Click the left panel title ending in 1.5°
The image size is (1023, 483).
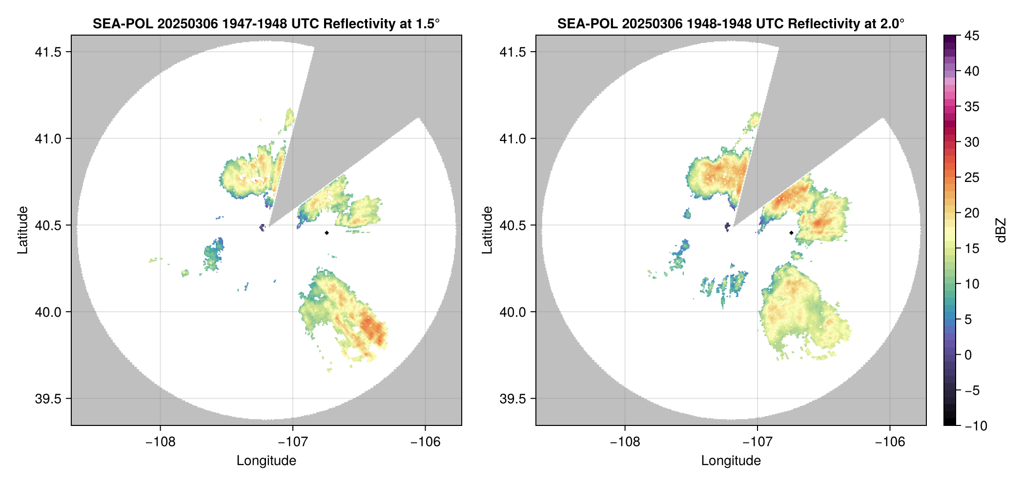pos(266,23)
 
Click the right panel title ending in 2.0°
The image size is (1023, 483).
pos(731,23)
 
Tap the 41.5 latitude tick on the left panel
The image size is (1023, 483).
pos(48,52)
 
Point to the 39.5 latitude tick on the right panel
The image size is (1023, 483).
pos(512,399)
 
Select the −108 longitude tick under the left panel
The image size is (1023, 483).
pos(160,442)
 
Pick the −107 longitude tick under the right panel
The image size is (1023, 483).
pos(757,442)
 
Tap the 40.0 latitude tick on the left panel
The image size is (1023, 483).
pos(48,312)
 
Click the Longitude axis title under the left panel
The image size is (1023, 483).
pos(266,461)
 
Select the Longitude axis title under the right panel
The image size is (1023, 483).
pos(731,461)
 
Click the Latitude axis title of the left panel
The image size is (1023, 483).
pos(22,230)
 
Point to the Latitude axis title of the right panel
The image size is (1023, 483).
pos(487,230)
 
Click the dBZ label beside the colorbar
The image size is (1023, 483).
pos(1001,230)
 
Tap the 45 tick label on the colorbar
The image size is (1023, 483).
pos(972,36)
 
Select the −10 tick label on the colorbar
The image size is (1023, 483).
pos(976,426)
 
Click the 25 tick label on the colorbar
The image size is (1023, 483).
pos(972,178)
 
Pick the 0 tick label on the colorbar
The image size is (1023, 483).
pos(968,355)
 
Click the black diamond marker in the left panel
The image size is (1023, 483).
pos(327,233)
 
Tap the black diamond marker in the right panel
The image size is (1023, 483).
pos(791,233)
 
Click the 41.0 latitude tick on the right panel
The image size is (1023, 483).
pos(512,139)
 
